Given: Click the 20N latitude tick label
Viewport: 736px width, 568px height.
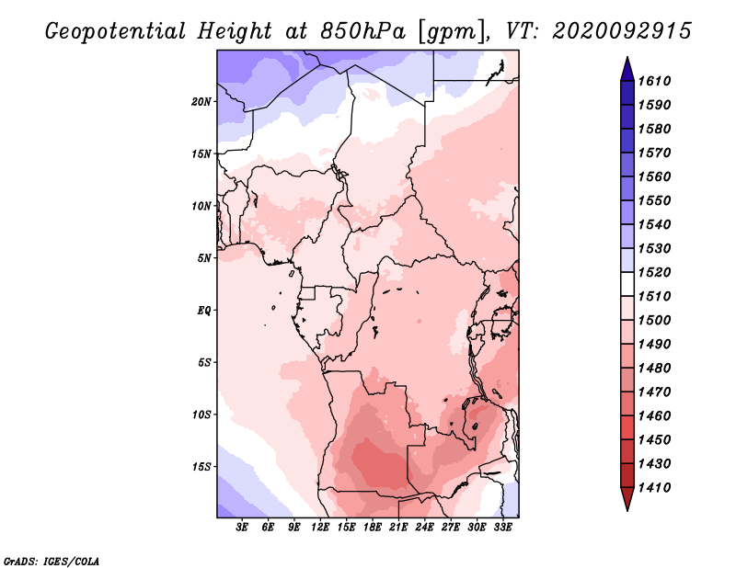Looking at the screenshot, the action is coord(201,102).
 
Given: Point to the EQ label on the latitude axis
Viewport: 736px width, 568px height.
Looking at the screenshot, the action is coord(204,311).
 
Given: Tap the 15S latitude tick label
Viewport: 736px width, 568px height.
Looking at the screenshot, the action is coord(201,467).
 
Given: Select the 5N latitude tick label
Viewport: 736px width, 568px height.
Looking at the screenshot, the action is coord(204,258).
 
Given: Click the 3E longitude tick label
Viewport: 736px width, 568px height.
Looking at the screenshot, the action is coord(242,527).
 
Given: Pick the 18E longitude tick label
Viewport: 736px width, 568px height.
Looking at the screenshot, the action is coord(373,527).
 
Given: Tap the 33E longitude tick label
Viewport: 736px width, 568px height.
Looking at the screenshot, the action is coord(502,527).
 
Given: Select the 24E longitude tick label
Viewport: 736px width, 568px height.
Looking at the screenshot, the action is coord(424,527).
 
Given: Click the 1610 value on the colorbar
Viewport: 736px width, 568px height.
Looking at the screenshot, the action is coord(654,81).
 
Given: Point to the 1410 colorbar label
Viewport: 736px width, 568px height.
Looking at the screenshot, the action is coord(654,488).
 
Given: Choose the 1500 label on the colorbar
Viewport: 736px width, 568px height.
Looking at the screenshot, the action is coord(654,321).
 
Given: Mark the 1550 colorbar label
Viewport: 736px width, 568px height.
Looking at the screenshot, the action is coord(654,200).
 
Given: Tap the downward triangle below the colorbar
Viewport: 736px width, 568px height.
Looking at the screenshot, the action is coord(627,498).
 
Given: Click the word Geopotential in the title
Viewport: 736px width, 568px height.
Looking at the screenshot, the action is coord(116,31).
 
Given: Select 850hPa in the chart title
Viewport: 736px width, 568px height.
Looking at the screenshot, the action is coord(362,31).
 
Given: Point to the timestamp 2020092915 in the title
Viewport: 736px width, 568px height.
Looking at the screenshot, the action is coord(622,31).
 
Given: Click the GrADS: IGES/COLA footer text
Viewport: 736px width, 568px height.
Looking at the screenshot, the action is coord(52,561).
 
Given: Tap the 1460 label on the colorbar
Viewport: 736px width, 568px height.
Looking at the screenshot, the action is coord(654,416).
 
